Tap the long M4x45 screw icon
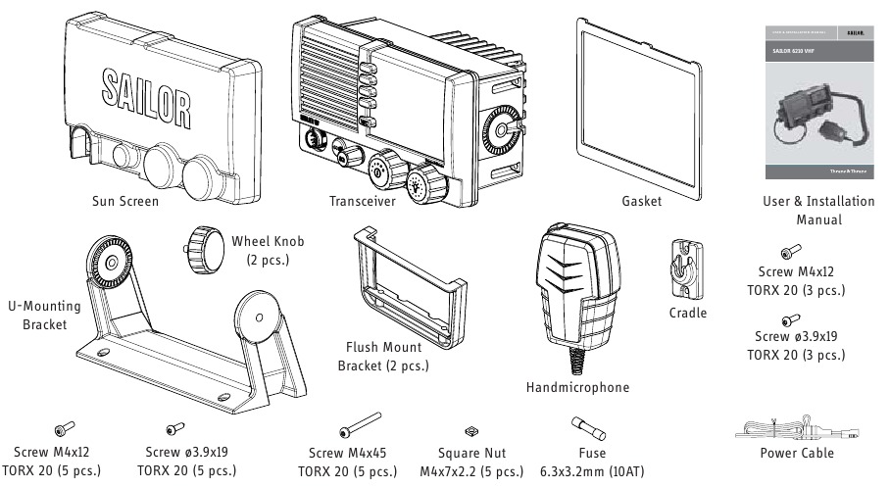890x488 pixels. [x=361, y=429]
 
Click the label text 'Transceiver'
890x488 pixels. [x=363, y=200]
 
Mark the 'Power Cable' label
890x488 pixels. [x=797, y=453]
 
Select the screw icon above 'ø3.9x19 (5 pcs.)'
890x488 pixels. [x=175, y=428]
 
